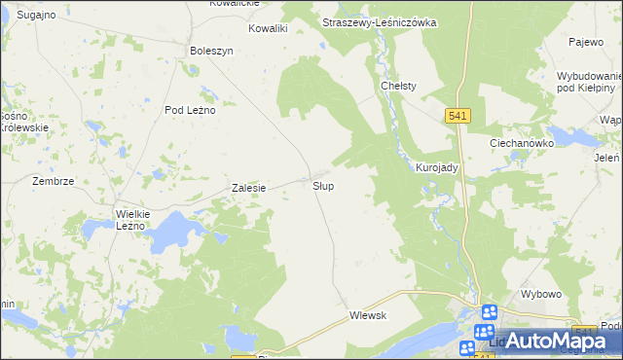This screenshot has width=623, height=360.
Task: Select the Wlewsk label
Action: [x=369, y=315]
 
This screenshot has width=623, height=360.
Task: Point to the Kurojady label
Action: [x=437, y=167]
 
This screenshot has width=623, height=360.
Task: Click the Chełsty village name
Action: [x=398, y=86]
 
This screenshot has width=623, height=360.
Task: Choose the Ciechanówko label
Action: [x=521, y=142]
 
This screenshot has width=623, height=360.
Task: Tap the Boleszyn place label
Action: [x=212, y=51]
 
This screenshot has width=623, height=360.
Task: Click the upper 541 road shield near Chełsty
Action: [x=459, y=116]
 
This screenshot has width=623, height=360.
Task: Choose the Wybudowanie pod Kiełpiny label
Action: [x=587, y=82]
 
